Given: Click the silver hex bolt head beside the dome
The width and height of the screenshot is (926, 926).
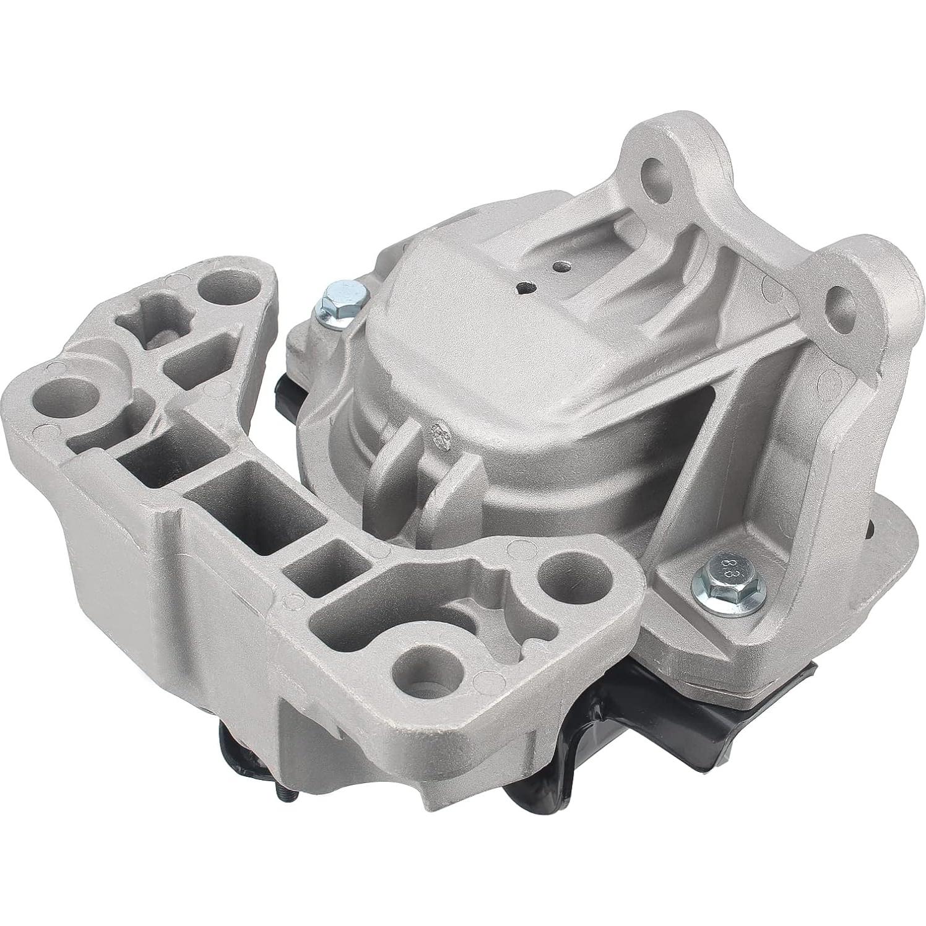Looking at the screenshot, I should pos(338,296).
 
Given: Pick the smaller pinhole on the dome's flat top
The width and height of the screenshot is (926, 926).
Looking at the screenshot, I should pos(560,267).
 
